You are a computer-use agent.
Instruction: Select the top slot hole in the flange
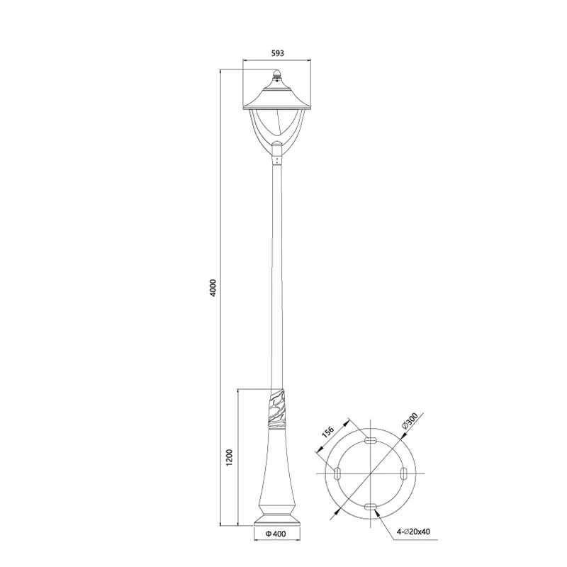pyautogui.click(x=370, y=441)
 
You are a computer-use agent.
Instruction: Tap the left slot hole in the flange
pyautogui.click(x=337, y=473)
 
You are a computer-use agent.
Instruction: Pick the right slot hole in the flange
pyautogui.click(x=403, y=473)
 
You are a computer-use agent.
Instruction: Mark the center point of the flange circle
pyautogui.click(x=370, y=473)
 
